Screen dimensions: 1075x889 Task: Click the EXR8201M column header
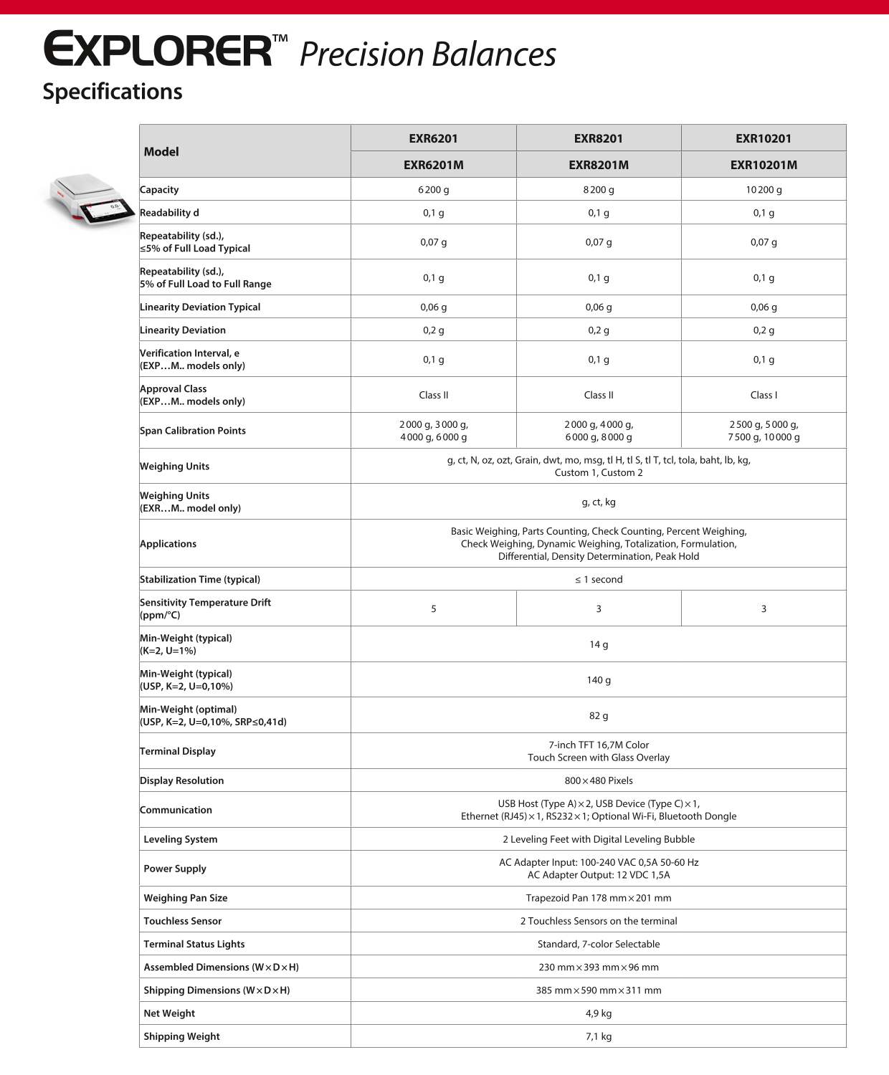[599, 165]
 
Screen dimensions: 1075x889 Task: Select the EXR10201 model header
[764, 138]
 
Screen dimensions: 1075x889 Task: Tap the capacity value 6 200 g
[434, 190]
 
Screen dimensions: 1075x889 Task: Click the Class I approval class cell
[764, 395]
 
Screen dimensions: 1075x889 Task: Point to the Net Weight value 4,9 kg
[599, 1013]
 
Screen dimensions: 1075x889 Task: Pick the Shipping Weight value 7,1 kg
[599, 1036]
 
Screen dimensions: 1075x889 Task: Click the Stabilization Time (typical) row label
[200, 579]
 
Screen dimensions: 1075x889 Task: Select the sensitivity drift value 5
[434, 608]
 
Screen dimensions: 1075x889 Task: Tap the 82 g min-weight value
[599, 716]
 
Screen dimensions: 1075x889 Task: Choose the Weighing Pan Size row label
[186, 898]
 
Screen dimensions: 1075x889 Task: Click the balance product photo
[90, 200]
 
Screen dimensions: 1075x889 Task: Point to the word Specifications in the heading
[113, 92]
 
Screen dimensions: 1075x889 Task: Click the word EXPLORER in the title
[158, 50]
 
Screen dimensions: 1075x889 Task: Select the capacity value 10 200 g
[764, 190]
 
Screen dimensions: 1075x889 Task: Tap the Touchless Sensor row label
[183, 921]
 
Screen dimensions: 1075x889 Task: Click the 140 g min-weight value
[599, 680]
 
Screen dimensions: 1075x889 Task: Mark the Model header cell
[162, 151]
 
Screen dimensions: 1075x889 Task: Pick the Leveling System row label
[181, 839]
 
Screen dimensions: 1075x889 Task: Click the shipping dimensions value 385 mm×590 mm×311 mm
[599, 990]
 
